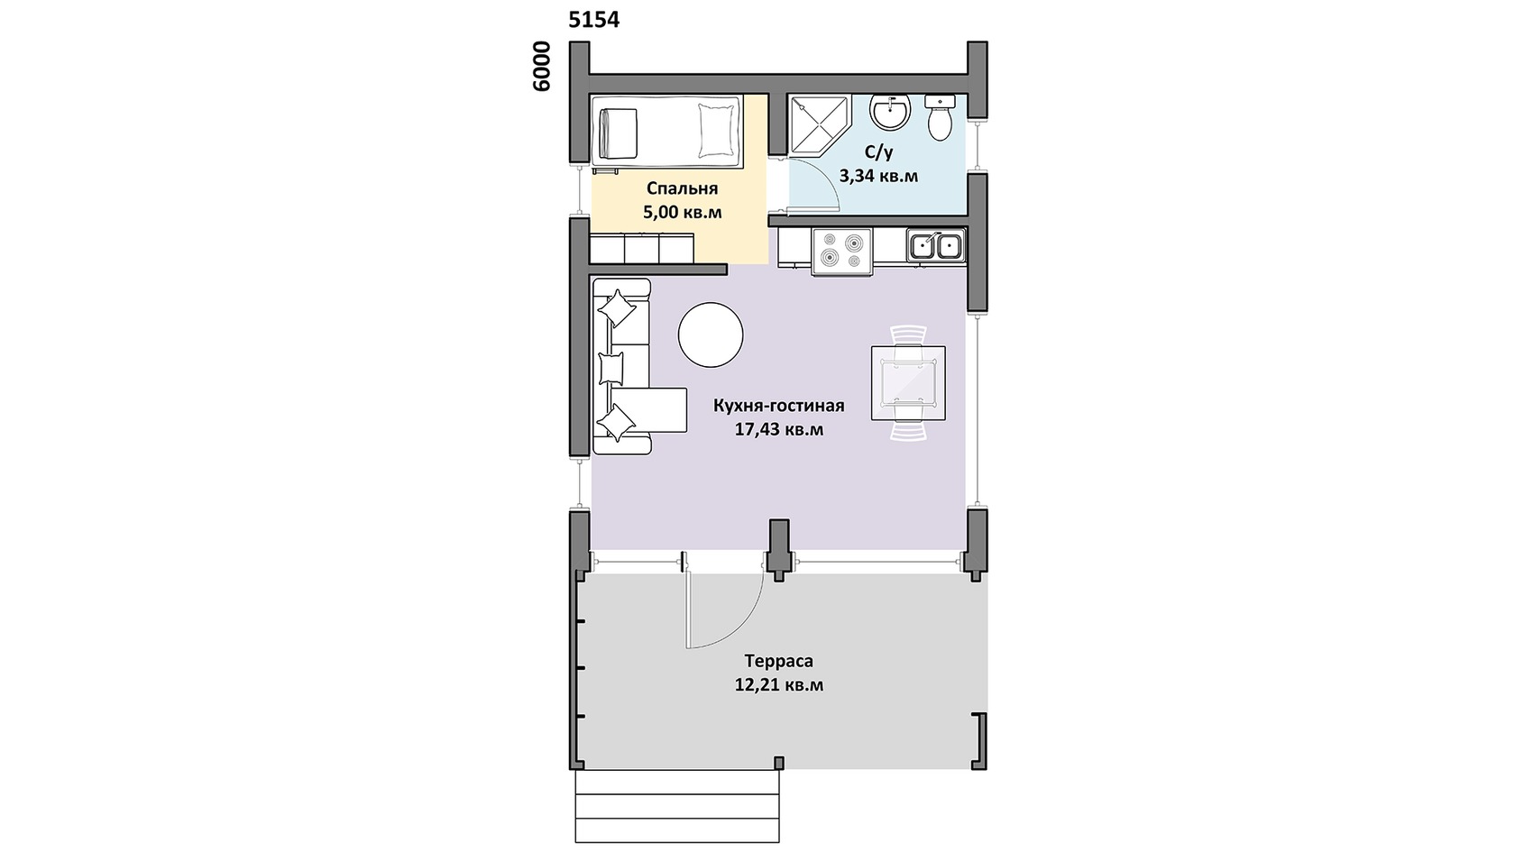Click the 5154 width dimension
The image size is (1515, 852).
pyautogui.click(x=593, y=20)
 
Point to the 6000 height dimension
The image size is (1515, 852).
pyautogui.click(x=542, y=67)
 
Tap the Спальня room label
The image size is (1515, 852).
pyautogui.click(x=682, y=188)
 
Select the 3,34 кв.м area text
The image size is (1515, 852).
pyautogui.click(x=878, y=176)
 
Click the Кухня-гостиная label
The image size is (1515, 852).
pyautogui.click(x=778, y=405)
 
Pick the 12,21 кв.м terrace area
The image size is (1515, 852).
pyautogui.click(x=779, y=685)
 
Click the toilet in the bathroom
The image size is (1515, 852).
pyautogui.click(x=940, y=117)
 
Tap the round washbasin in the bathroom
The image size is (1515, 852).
pyautogui.click(x=890, y=112)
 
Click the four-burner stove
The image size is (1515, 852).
pyautogui.click(x=842, y=252)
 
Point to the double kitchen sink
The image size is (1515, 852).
pyautogui.click(x=937, y=245)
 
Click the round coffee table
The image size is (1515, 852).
pyautogui.click(x=711, y=334)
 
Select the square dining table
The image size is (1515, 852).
pyautogui.click(x=908, y=382)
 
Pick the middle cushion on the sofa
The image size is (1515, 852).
pyautogui.click(x=611, y=369)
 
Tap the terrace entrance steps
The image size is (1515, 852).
pyautogui.click(x=677, y=806)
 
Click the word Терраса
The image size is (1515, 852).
pyautogui.click(x=778, y=661)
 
